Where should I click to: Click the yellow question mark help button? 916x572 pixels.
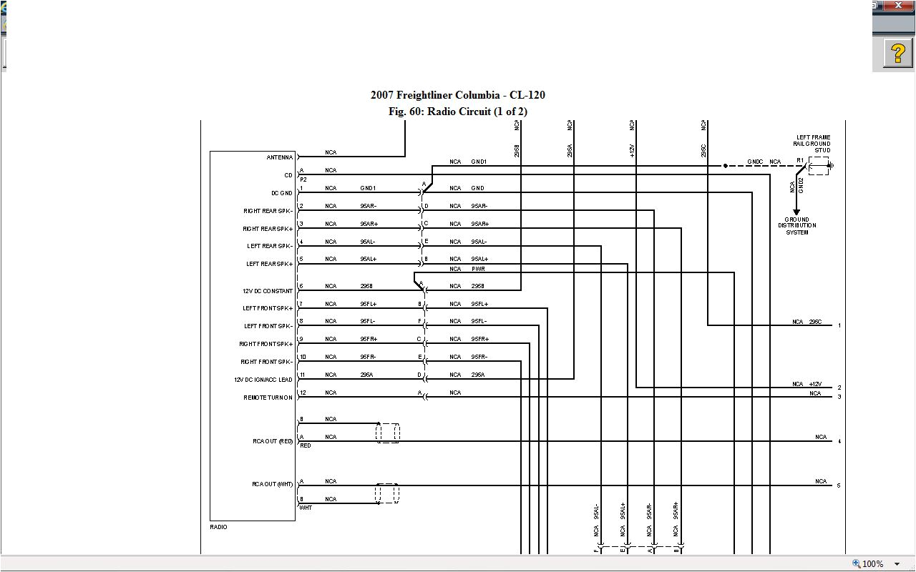897,54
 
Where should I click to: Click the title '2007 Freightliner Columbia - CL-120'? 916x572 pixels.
458,95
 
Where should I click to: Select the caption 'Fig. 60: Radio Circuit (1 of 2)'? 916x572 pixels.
458,112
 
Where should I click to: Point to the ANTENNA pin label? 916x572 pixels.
280,157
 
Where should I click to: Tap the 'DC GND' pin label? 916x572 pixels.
281,193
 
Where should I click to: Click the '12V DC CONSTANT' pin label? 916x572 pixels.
268,291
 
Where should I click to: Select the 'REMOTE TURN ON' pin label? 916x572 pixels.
268,398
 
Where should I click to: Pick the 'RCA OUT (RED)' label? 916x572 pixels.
273,441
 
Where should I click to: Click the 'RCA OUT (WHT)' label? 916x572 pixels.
273,484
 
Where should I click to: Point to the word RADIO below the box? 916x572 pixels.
218,527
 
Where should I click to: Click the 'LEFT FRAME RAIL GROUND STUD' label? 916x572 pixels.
813,144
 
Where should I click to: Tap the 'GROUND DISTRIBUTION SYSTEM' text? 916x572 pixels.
796,226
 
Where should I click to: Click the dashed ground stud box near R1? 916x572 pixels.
818,166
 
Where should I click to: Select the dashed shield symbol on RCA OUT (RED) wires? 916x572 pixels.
387,433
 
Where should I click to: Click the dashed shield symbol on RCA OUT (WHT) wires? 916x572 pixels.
387,493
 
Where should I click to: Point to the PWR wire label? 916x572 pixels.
478,269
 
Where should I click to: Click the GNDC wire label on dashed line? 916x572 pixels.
755,162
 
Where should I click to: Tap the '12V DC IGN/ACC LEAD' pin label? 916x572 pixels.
263,380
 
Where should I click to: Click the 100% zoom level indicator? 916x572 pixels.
872,563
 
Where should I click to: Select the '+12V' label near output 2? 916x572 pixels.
815,384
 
